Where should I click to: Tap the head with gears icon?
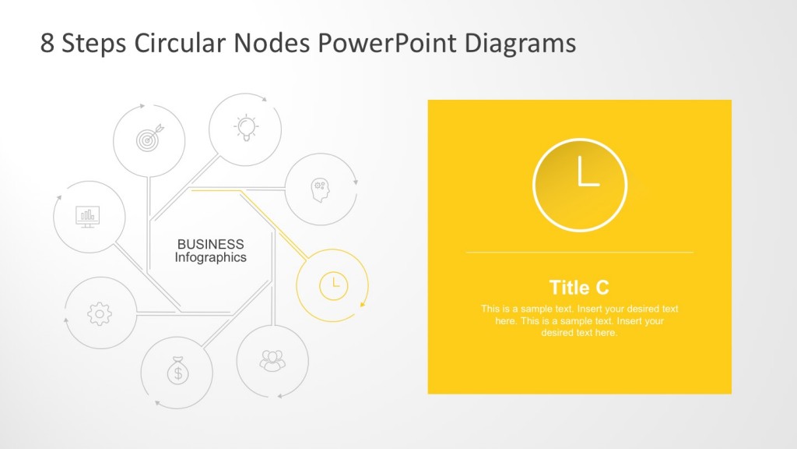pyautogui.click(x=320, y=189)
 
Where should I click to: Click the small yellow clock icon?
pyautogui.click(x=332, y=285)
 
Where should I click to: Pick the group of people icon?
pyautogui.click(x=272, y=360)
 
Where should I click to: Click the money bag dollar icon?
pyautogui.click(x=177, y=371)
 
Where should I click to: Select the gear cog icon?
pyautogui.click(x=100, y=313)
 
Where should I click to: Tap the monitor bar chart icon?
pyautogui.click(x=88, y=216)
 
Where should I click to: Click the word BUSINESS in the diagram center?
pyautogui.click(x=210, y=244)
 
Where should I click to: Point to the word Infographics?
pyautogui.click(x=210, y=257)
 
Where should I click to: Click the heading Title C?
pyautogui.click(x=579, y=287)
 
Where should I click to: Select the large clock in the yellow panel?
pyautogui.click(x=580, y=185)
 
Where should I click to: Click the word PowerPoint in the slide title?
pyautogui.click(x=388, y=43)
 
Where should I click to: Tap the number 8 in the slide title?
pyautogui.click(x=47, y=44)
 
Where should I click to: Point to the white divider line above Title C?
pyautogui.click(x=579, y=253)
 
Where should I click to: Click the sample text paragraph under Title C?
pyautogui.click(x=579, y=320)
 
